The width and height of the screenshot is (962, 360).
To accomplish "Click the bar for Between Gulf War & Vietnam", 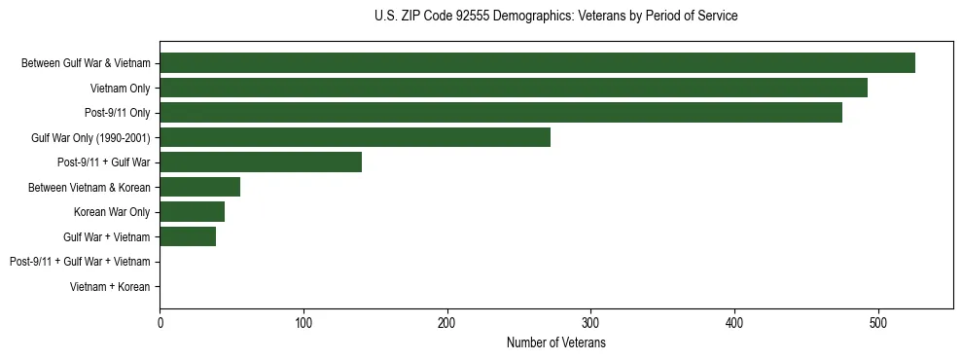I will [x=537, y=63].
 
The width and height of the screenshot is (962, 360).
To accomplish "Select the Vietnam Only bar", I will [x=514, y=88].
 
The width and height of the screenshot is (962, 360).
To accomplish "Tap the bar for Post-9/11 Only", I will [x=501, y=113].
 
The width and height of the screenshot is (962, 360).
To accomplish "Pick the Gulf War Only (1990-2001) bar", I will [x=355, y=137].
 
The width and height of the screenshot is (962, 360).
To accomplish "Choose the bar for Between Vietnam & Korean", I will [x=199, y=187].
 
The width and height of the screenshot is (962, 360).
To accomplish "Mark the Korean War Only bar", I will [x=192, y=212].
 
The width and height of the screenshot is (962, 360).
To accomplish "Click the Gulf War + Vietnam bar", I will [x=188, y=236].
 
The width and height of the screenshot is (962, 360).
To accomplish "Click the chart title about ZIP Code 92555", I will [x=555, y=17].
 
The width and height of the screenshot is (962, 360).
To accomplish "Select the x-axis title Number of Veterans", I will [x=555, y=343].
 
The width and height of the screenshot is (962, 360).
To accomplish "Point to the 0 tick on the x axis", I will [x=160, y=322].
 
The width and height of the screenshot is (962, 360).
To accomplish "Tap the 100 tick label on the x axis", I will [x=303, y=322].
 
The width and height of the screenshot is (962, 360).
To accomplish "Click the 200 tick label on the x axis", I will [x=447, y=322].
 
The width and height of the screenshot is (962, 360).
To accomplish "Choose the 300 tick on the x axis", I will [x=590, y=322].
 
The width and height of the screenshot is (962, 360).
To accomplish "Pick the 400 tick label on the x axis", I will [x=734, y=322].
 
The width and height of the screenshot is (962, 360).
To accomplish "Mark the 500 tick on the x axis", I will [x=878, y=322].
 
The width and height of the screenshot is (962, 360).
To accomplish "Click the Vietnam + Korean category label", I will [x=110, y=287].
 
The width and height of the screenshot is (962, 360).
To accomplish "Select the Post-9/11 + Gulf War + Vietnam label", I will [x=80, y=262].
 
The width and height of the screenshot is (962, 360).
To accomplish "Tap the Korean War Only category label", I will [x=112, y=212].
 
